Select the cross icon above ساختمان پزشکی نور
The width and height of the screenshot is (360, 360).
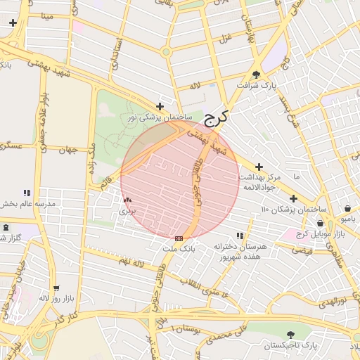(x=160, y=107)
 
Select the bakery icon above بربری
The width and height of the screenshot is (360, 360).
(x=127, y=200)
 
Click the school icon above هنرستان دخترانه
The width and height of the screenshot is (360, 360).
(x=240, y=236)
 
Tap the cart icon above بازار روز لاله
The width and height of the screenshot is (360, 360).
(x=56, y=288)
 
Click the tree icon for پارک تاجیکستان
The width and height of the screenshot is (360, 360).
(x=291, y=335)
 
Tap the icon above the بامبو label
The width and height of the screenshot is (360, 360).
(x=349, y=208)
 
